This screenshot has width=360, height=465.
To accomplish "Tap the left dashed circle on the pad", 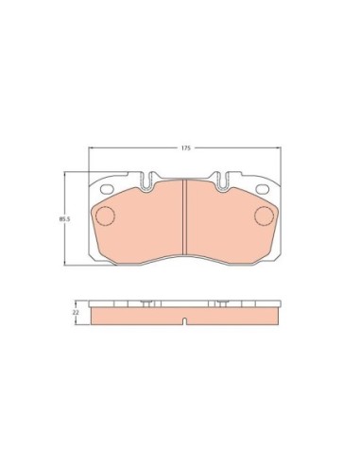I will click(x=104, y=216).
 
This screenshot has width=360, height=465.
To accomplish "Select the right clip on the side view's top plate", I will click(x=221, y=303).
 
